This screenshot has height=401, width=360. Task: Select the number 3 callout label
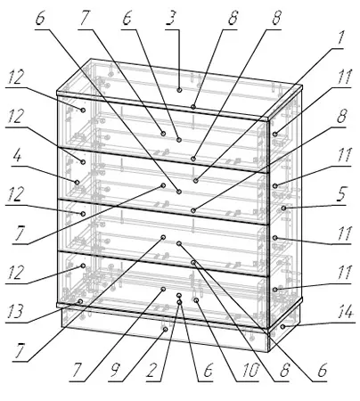tap(172, 19)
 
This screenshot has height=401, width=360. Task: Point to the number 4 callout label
tap(17, 155)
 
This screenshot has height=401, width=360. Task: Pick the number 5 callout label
tap(342, 194)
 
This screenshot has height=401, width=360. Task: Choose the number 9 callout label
tap(116, 371)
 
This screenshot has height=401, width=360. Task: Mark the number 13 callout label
tap(14, 312)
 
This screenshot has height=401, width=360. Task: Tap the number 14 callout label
tap(345, 312)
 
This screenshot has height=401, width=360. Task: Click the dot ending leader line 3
tap(179, 90)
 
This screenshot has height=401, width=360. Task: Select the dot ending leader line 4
tap(77, 182)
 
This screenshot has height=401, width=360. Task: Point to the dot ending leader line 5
tap(283, 208)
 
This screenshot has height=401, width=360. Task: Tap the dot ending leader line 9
tap(166, 329)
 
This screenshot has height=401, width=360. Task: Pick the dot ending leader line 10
tap(196, 300)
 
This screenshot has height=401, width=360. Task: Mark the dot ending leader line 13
tap(80, 301)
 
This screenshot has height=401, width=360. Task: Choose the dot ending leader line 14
tap(283, 326)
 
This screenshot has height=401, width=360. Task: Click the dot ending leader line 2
tap(179, 302)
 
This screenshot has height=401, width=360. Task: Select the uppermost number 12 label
tap(14, 78)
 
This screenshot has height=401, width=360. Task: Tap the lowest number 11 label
tap(345, 273)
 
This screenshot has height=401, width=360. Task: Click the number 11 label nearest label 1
tap(345, 77)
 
